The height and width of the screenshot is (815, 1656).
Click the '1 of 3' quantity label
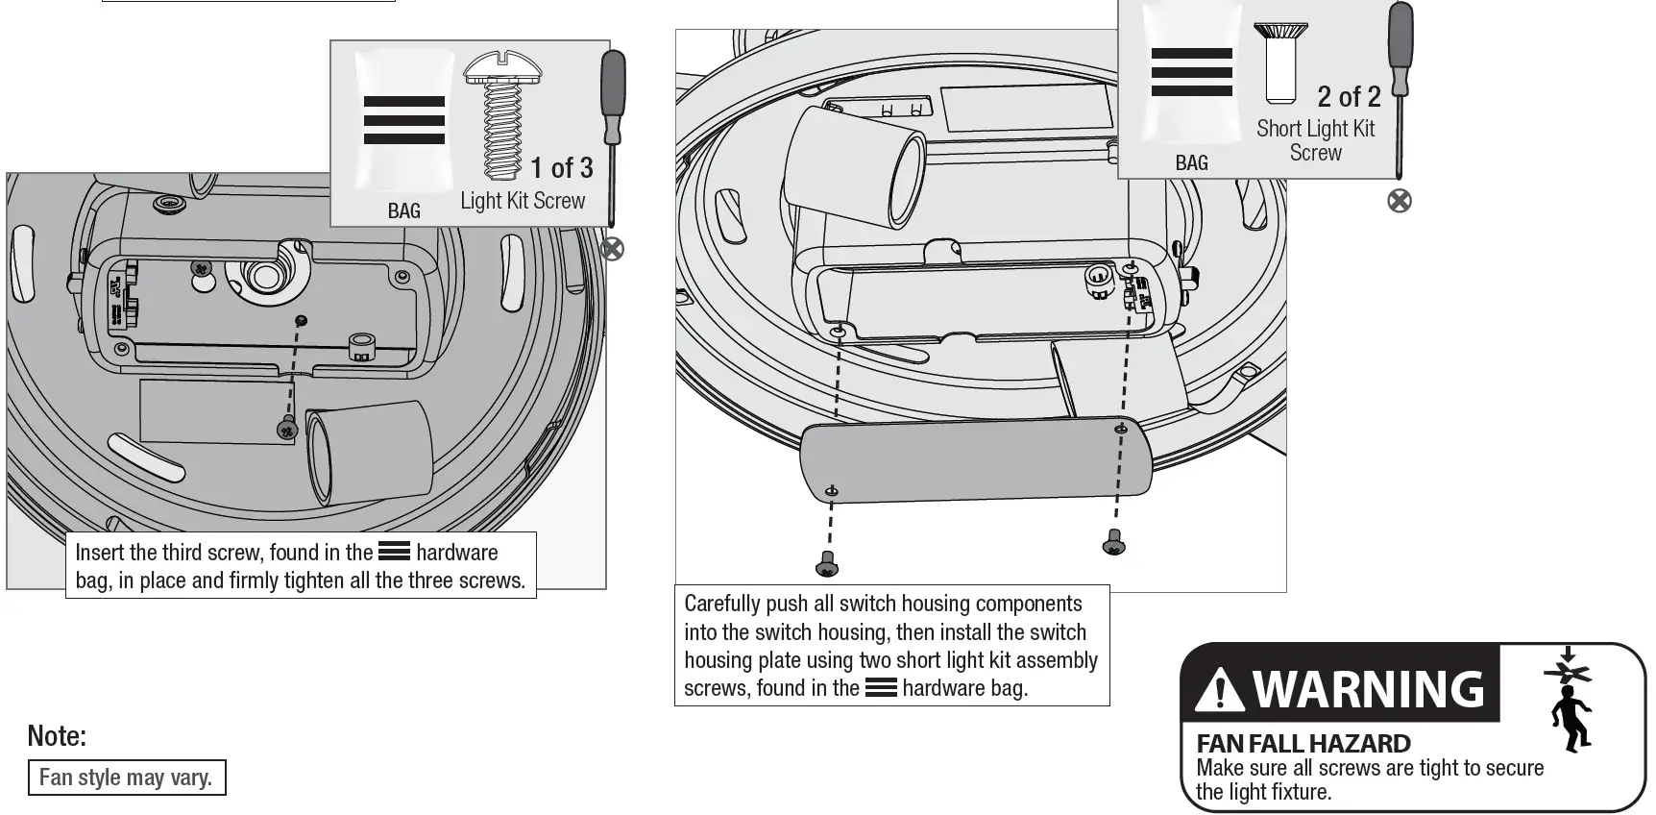point(562,168)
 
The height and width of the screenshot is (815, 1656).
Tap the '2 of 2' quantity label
point(1349,97)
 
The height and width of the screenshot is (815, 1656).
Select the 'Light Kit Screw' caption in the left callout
point(523,201)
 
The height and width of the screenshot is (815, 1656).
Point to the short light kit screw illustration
point(1280,62)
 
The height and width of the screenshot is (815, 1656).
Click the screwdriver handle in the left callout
point(612,96)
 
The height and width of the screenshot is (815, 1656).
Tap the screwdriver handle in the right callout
point(1400,48)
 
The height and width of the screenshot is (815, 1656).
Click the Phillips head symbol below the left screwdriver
point(612,249)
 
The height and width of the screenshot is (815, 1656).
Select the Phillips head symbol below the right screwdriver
point(1400,201)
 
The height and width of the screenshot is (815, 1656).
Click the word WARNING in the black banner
point(1369,689)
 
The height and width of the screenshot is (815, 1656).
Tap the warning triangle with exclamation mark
point(1220,689)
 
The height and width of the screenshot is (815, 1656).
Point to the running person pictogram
point(1571,716)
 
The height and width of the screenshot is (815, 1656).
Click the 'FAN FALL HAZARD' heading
point(1303,743)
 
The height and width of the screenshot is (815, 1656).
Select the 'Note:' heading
point(57,736)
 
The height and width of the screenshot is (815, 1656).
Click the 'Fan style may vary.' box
point(126,778)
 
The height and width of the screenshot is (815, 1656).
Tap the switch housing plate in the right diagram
point(976,460)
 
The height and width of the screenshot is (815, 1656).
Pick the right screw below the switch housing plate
point(1113,543)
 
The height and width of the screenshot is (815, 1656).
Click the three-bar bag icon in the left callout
point(404,120)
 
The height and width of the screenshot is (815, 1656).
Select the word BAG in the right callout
point(1191,163)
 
